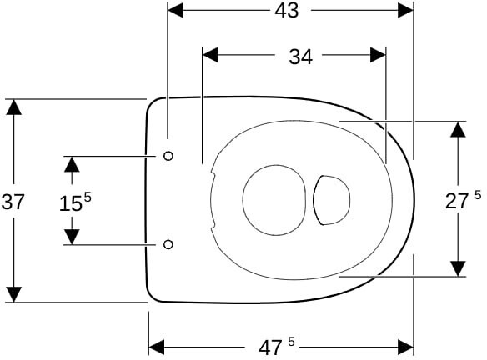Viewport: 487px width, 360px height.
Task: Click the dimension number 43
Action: tap(286, 11)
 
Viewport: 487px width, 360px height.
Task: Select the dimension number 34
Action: tap(301, 57)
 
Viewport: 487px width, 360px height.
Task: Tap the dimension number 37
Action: tap(13, 202)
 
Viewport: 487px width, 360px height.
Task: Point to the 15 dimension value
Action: tap(71, 204)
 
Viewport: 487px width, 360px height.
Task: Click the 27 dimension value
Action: tap(457, 201)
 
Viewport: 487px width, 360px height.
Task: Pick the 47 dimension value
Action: tap(270, 348)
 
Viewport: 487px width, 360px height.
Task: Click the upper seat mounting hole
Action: tap(168, 156)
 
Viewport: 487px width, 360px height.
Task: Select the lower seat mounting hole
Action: tap(168, 244)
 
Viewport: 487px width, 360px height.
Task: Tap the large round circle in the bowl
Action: tap(243, 200)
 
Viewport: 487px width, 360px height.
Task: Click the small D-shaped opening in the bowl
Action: tap(314, 200)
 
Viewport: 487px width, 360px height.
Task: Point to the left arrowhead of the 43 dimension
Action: tap(175, 11)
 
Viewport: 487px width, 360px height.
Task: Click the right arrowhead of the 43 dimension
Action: tap(405, 11)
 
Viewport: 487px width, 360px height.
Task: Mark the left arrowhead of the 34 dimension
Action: tap(210, 55)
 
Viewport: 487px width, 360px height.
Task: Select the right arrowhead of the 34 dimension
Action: tap(378, 55)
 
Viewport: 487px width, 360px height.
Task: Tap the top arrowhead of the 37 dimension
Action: tap(13, 107)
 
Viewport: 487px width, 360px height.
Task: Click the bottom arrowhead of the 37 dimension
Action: tap(13, 294)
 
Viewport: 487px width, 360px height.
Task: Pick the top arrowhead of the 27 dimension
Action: tap(458, 129)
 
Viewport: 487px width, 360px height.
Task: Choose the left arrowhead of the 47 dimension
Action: tap(157, 347)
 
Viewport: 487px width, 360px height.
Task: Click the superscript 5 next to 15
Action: tap(88, 197)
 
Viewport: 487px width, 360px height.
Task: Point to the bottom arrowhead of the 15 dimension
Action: tap(72, 237)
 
